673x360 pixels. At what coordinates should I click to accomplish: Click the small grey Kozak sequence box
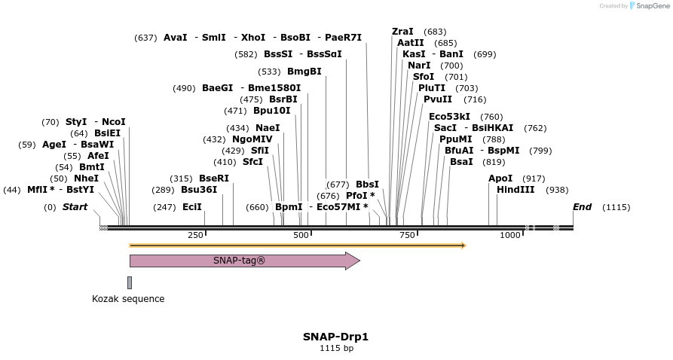pyautogui.click(x=130, y=282)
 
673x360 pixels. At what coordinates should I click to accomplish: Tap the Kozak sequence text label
pyautogui.click(x=128, y=299)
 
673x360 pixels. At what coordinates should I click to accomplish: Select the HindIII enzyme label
pyautogui.click(x=515, y=190)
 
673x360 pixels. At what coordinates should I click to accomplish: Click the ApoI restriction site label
pyautogui.click(x=500, y=178)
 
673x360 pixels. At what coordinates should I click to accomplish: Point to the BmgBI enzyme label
pyautogui.click(x=304, y=72)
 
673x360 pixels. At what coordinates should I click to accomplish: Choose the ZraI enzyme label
pyautogui.click(x=402, y=32)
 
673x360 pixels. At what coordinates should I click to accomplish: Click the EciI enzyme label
pyautogui.click(x=192, y=207)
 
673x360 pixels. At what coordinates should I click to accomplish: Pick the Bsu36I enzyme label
pyautogui.click(x=199, y=190)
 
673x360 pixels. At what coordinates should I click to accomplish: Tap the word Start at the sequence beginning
pyautogui.click(x=75, y=207)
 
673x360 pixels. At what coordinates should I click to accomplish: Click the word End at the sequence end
pyautogui.click(x=582, y=207)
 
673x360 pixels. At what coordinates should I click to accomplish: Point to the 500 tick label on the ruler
pyautogui.click(x=301, y=235)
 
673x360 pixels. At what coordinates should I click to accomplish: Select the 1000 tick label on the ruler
pyautogui.click(x=510, y=235)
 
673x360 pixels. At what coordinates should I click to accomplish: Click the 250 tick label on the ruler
pyautogui.click(x=195, y=235)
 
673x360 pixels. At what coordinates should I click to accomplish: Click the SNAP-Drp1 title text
pyautogui.click(x=335, y=337)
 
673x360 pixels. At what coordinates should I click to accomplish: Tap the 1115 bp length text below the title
pyautogui.click(x=336, y=348)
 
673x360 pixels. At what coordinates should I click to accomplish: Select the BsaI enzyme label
pyautogui.click(x=461, y=162)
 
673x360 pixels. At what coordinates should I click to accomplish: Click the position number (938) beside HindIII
pyautogui.click(x=557, y=191)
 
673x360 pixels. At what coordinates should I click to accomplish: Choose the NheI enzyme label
pyautogui.click(x=86, y=178)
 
